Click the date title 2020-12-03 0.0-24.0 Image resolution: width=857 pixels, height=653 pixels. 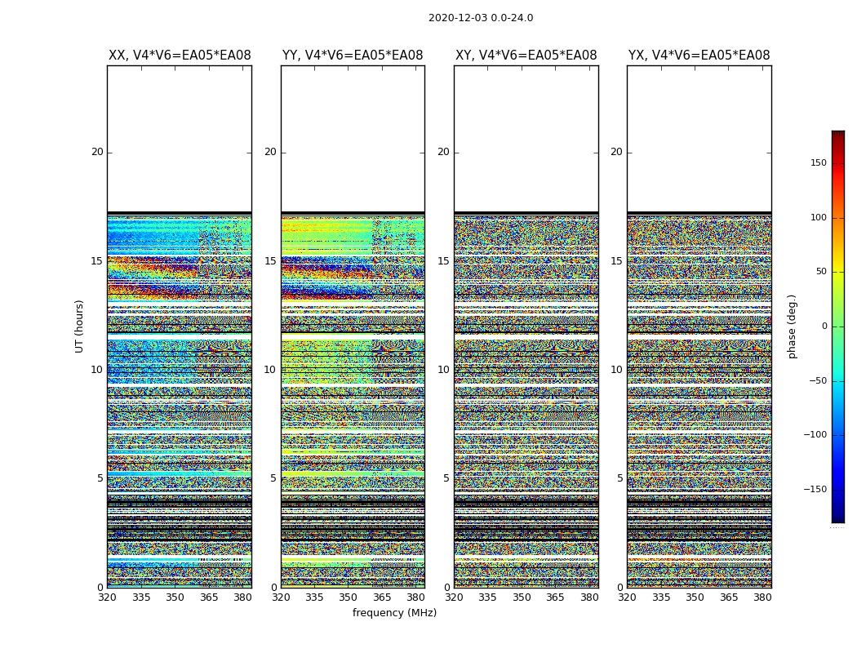[481, 18]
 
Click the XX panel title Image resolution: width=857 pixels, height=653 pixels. [180, 56]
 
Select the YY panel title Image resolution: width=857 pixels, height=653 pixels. [353, 56]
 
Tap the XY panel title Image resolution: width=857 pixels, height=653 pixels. [526, 56]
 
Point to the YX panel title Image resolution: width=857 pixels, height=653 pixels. [699, 56]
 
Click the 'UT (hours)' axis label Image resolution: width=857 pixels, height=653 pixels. [79, 326]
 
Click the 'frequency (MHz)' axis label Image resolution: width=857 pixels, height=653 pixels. [394, 613]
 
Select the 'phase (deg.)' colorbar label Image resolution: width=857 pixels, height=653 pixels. [792, 326]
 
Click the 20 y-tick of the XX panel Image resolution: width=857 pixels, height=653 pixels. [97, 152]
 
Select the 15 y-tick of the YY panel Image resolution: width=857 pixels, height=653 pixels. [270, 261]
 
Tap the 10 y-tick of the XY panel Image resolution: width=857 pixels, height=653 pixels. [443, 370]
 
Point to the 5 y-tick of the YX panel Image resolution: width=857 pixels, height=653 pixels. [619, 478]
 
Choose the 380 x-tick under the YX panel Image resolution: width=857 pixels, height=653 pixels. [762, 597]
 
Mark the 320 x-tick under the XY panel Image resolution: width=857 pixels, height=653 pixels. [455, 597]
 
